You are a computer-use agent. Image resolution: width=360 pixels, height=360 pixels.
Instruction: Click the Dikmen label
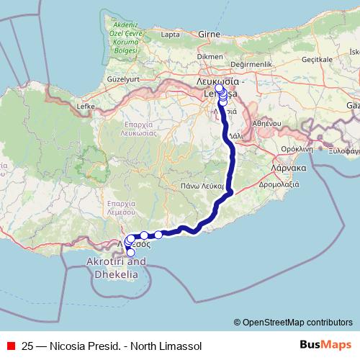[x=210, y=55]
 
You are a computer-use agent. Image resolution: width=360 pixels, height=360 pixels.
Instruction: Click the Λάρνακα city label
[x=288, y=167]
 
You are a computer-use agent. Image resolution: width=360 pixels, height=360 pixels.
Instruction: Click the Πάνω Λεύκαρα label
[x=205, y=186]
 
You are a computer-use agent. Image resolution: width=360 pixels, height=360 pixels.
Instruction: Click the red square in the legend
[x=11, y=346]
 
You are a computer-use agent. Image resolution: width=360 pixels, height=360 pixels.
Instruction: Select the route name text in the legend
[x=112, y=346]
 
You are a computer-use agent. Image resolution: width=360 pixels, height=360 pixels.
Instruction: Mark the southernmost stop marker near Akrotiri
[x=130, y=253]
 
